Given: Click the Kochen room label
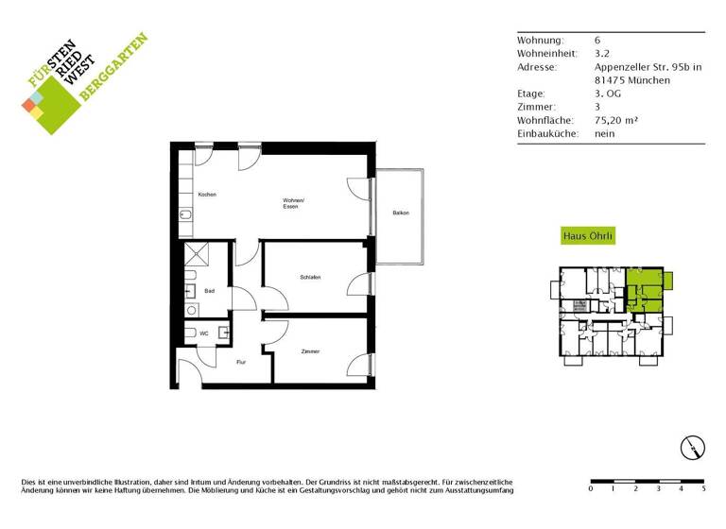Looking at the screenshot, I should [207, 195].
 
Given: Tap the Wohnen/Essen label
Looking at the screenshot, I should [293, 203].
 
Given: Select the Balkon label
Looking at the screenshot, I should [401, 213].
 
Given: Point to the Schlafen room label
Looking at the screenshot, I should [310, 277].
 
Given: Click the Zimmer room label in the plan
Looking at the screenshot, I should [310, 351].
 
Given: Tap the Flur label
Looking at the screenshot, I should [241, 362].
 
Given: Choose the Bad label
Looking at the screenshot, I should [210, 291].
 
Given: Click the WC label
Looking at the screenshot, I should [205, 333].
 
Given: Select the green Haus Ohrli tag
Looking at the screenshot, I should [588, 237].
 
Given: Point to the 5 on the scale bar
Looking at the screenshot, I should [703, 489].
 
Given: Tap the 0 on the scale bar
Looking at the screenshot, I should [591, 489].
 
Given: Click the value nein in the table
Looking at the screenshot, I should [604, 133].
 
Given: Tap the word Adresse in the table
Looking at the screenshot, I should [537, 67].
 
